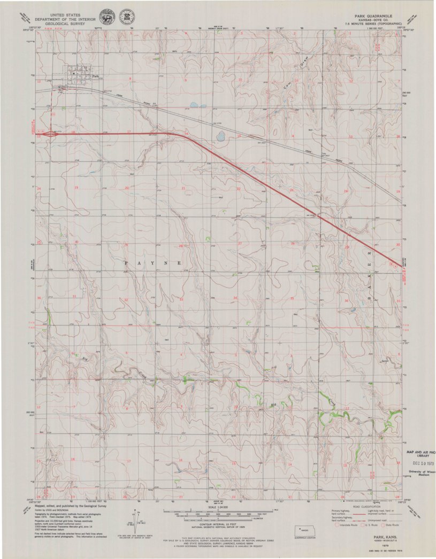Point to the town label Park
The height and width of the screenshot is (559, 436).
coord(95,76)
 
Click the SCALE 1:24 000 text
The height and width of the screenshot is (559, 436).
coord(217,506)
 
